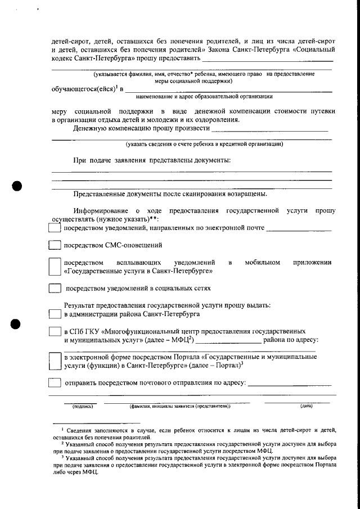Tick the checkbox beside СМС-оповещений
pyautogui.click(x=54, y=245)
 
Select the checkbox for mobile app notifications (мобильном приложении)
pyautogui.click(x=54, y=267)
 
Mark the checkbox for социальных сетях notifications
pyautogui.click(x=54, y=289)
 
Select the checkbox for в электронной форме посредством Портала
pyautogui.click(x=54, y=361)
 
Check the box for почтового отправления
pyautogui.click(x=54, y=383)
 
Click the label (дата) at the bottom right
pyautogui.click(x=306, y=406)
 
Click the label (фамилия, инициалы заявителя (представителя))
pyautogui.click(x=179, y=406)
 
